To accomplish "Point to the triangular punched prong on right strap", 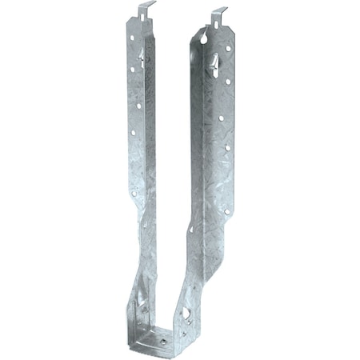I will tap(214, 58).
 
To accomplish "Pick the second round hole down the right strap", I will tap(227, 80).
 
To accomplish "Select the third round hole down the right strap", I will tap(221, 118).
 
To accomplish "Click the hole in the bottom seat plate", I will tap(163, 339).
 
